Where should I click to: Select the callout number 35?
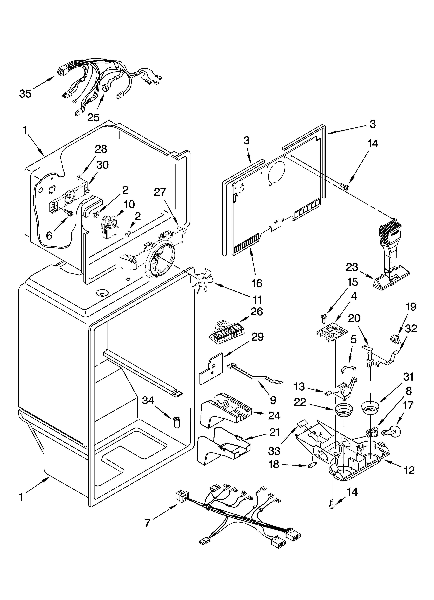coord(25,94)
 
